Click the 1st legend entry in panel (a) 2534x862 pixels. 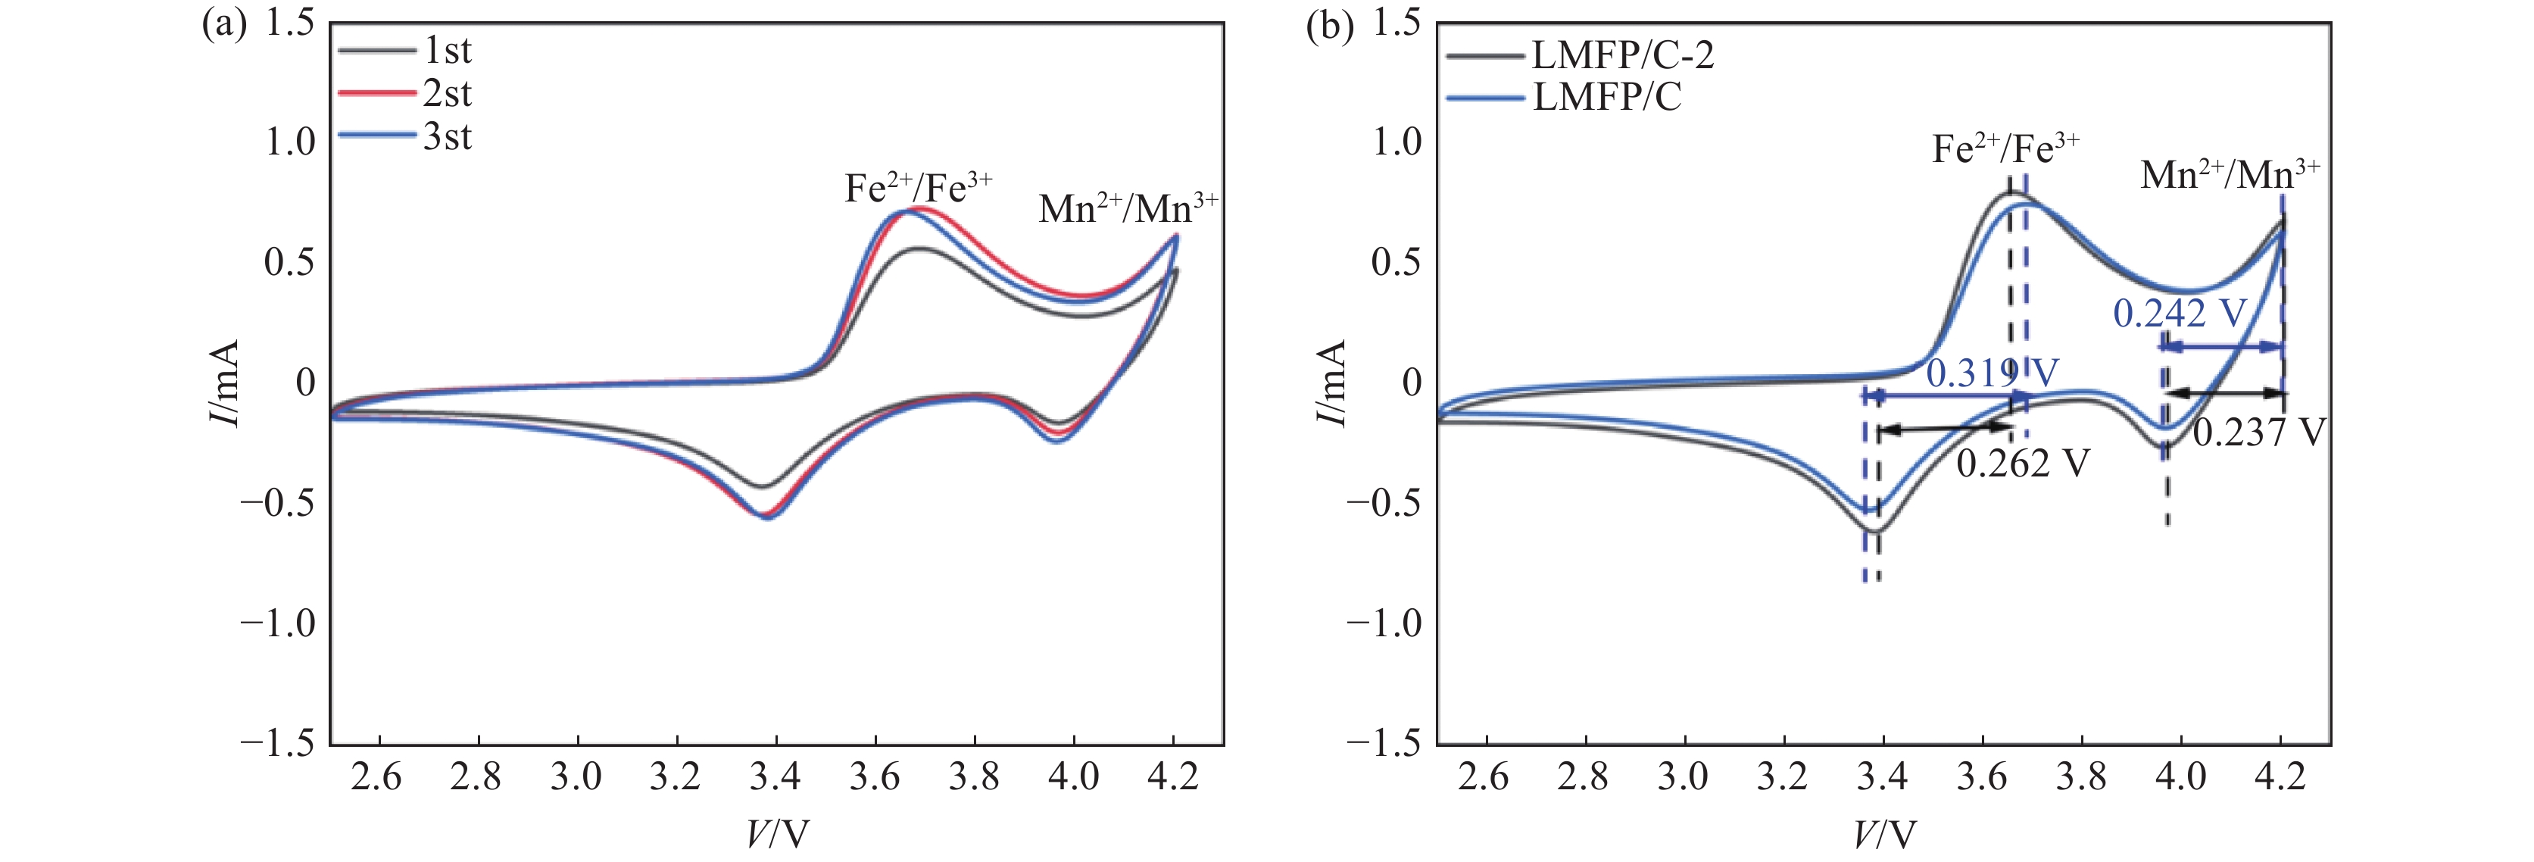(x=447, y=50)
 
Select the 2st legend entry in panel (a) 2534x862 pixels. (x=447, y=93)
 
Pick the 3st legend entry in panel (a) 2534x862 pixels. (x=447, y=137)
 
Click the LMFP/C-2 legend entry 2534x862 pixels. (x=1622, y=55)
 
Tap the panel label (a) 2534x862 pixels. (x=223, y=24)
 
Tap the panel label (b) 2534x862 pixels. (x=1329, y=24)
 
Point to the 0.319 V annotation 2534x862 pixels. (x=1991, y=373)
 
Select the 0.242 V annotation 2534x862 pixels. (x=2180, y=313)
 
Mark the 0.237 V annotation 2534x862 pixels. (x=2258, y=432)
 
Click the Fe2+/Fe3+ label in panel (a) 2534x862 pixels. (x=919, y=186)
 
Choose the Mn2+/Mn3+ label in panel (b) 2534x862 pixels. (x=2229, y=174)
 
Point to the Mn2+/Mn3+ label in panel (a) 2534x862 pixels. (x=1128, y=208)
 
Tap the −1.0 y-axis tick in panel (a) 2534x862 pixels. (x=279, y=623)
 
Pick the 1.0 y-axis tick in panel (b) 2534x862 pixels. (x=1397, y=142)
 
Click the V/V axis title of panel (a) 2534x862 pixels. (x=777, y=835)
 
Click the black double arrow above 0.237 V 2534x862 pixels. (x=2225, y=392)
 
